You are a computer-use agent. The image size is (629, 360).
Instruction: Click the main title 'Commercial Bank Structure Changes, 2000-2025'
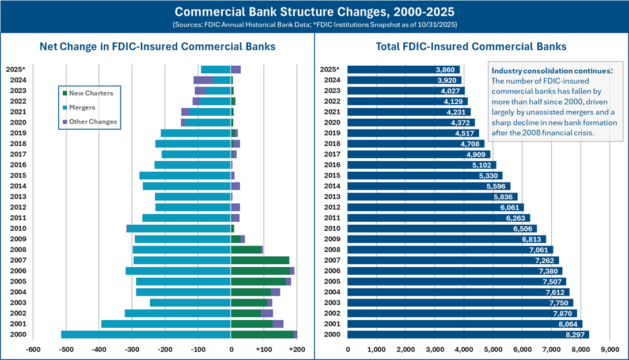coord(314,12)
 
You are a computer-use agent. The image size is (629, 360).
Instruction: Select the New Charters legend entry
coord(90,93)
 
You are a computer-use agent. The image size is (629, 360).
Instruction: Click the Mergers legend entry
coord(82,107)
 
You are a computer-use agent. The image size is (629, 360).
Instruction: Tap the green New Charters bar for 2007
coord(260,260)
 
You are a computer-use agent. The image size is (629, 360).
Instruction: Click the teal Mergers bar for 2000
coord(146,334)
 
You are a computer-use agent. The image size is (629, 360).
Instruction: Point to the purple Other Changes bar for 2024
coord(203,80)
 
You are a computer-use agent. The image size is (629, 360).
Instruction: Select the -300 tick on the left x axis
coord(132,349)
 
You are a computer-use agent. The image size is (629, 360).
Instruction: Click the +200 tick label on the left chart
coord(297,349)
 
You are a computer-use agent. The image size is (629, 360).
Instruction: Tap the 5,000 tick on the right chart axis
coord(493,349)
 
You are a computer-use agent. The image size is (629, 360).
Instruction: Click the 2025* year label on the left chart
coord(15,70)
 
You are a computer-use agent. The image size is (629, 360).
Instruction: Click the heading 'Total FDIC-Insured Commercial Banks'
coord(471,47)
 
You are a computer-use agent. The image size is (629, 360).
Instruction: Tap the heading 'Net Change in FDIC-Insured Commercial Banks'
coord(157,47)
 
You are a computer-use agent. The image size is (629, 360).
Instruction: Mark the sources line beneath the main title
coord(314,25)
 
